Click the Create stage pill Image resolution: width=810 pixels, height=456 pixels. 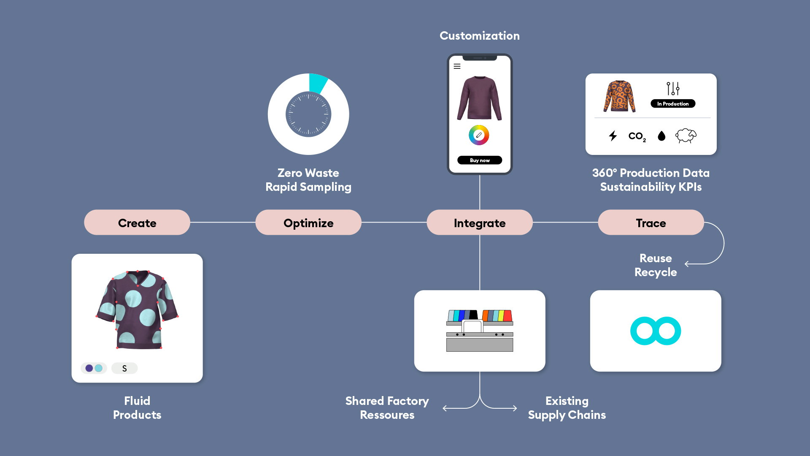point(137,223)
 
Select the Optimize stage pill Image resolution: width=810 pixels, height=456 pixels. point(308,223)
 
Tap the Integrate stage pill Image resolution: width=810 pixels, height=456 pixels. point(480,223)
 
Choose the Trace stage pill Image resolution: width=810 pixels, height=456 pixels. point(651,223)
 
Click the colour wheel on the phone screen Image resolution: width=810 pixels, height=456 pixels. point(479,135)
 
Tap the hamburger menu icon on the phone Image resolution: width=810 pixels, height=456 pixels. point(457,66)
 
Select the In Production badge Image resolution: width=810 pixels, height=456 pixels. point(673,103)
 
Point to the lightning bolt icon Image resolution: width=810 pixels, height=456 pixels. point(613,136)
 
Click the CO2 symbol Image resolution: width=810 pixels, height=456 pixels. point(637,136)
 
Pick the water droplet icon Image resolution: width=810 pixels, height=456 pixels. point(661,136)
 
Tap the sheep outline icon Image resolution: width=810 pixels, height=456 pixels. point(686,136)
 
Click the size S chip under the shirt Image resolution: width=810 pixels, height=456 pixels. point(124,368)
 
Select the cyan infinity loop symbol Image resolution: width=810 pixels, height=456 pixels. point(656,331)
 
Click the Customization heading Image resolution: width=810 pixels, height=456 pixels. point(480,36)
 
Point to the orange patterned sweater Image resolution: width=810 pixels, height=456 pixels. point(619,97)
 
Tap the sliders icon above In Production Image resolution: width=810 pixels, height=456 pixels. point(673,88)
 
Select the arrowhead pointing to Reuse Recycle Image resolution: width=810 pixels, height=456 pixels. point(687,264)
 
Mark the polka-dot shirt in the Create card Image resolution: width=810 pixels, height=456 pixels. point(137,310)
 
